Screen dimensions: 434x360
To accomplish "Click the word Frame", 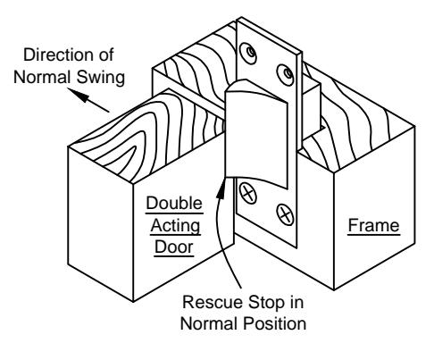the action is coord(373,225).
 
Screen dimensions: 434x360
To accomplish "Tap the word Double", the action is coord(174,204).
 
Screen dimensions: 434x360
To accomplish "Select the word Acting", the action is coord(175,226).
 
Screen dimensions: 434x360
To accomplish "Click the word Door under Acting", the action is coord(174,247).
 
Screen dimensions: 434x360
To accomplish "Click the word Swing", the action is coord(101,78).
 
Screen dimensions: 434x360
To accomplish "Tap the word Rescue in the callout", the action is coord(213,302).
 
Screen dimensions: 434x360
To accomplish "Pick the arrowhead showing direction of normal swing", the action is coord(79,95).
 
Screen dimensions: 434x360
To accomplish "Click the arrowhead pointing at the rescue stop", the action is coord(221,188).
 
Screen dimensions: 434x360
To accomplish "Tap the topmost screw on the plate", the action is coord(248,54).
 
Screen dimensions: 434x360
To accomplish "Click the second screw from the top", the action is coord(286,74).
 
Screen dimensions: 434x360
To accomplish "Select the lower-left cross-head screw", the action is coord(247,193).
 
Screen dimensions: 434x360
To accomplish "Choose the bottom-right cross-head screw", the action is coord(285,214).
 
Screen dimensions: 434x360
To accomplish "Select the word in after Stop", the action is coord(296,302).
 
